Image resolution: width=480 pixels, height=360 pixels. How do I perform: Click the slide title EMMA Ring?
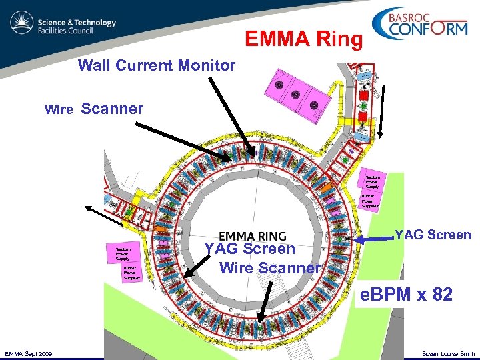click(x=304, y=40)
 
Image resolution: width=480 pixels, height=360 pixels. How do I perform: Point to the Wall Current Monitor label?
click(x=157, y=65)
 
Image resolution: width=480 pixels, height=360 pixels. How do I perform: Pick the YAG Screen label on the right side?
click(x=433, y=235)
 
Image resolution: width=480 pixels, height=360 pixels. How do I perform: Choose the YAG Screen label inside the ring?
click(x=249, y=249)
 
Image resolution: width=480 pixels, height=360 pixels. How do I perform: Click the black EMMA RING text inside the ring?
click(x=252, y=237)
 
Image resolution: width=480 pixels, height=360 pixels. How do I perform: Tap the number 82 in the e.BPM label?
click(x=441, y=294)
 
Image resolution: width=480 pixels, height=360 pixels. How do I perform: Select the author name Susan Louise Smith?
click(x=449, y=353)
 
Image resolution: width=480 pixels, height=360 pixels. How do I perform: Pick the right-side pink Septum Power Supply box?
click(x=371, y=181)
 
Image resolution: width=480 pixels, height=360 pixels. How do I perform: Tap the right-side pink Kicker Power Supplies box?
click(x=371, y=201)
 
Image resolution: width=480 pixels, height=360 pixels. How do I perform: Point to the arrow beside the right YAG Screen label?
click(x=373, y=238)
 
